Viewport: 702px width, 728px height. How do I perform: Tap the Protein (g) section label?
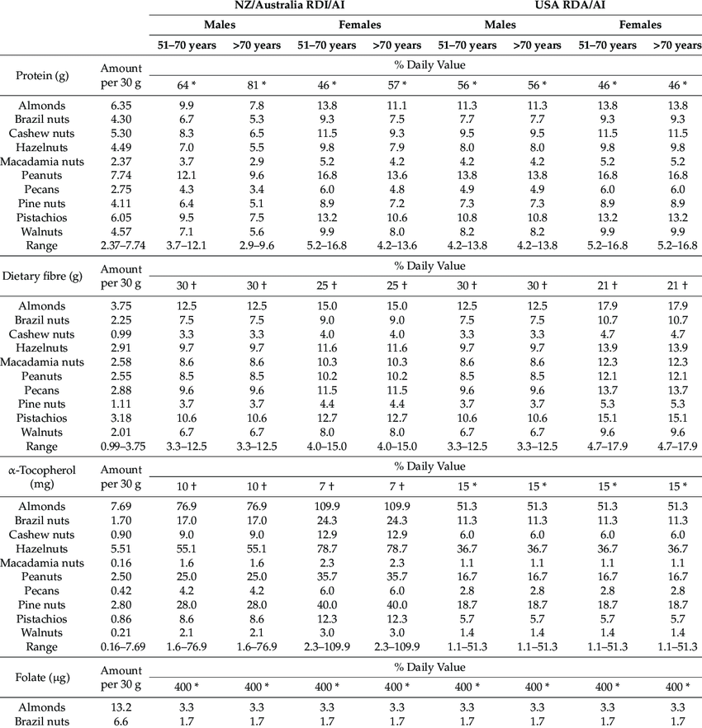[x=42, y=77]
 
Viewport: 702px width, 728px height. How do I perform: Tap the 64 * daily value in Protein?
[x=187, y=84]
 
